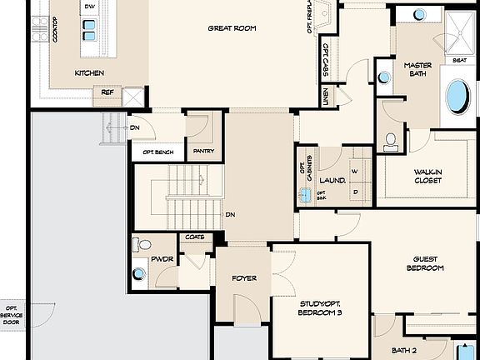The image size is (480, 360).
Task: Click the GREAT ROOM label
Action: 232,28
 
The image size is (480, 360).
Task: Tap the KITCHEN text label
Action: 89,73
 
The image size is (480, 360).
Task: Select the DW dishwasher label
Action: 89,7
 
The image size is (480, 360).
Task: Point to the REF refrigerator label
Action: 107,92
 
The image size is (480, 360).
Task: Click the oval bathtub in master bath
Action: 457,97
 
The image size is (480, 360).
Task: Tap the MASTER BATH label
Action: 417,69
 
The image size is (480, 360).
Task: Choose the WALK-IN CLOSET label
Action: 427,176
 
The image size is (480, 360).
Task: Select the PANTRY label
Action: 203,152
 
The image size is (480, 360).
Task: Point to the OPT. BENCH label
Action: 158,152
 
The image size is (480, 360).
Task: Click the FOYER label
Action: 244,277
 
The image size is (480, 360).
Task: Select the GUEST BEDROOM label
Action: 424,263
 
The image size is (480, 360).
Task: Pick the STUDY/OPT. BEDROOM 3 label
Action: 320,307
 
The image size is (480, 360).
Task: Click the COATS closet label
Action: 194,237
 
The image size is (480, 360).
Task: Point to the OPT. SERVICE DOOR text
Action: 12,315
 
